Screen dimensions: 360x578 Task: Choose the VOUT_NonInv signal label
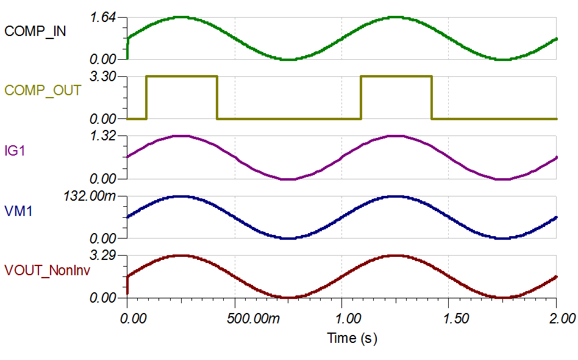pyautogui.click(x=47, y=270)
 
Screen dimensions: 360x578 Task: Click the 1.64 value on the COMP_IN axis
pyautogui.click(x=103, y=18)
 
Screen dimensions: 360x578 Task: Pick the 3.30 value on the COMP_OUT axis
pyautogui.click(x=103, y=77)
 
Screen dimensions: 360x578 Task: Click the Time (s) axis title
pyautogui.click(x=352, y=337)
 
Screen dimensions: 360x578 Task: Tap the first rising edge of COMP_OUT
pyautogui.click(x=146, y=98)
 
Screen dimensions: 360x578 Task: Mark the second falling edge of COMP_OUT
pyautogui.click(x=432, y=98)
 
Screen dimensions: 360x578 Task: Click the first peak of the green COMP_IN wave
pyautogui.click(x=181, y=17)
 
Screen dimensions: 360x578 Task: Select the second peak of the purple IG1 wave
pyautogui.click(x=396, y=135)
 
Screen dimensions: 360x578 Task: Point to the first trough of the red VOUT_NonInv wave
pyautogui.click(x=290, y=297)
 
